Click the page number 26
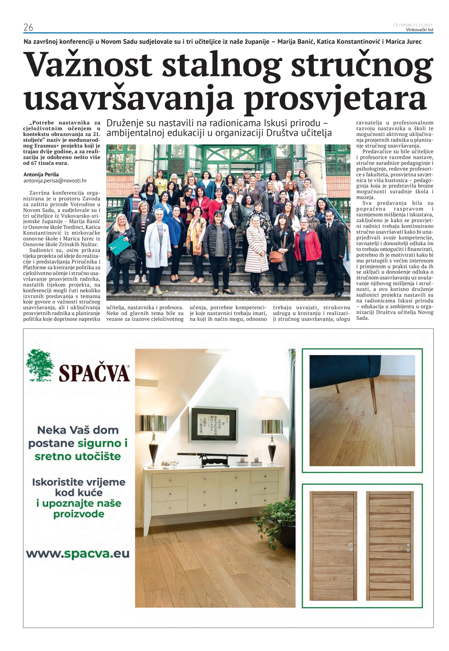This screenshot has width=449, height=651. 28,27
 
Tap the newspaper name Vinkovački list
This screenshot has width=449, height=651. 420,30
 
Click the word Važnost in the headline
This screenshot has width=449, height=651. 89,65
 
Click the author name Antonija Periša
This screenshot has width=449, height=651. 41,175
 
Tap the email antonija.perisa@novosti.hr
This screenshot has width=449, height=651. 55,181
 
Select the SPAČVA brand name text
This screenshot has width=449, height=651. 94,373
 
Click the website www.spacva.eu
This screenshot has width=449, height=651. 78,554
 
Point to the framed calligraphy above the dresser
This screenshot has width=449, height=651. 213,425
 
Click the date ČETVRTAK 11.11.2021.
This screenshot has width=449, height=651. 413,25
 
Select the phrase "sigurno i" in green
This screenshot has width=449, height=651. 102,443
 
